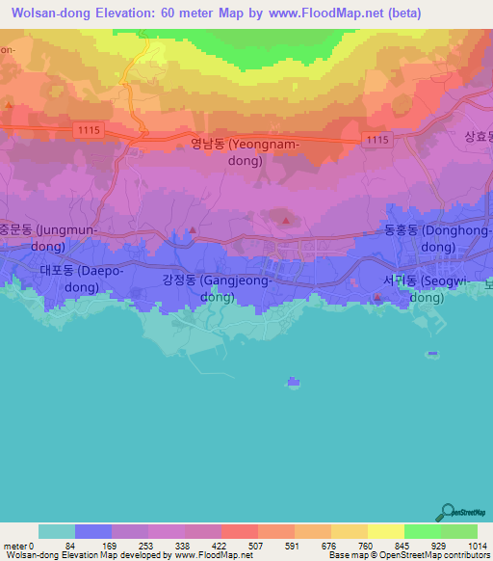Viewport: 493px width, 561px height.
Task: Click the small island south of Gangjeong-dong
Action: click(292, 384)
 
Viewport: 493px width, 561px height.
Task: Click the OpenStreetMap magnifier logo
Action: click(448, 513)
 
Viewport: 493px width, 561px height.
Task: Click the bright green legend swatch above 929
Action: click(422, 531)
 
